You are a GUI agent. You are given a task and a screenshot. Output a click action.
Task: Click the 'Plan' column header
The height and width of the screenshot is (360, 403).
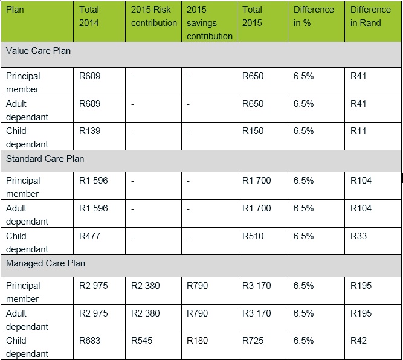point(16,10)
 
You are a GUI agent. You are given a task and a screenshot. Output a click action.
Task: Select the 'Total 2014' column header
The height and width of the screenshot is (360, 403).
point(89,16)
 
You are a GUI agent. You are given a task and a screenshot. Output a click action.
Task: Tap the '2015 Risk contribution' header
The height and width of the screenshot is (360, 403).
point(153,16)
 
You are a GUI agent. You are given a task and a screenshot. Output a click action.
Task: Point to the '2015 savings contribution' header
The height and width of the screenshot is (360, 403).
point(209,23)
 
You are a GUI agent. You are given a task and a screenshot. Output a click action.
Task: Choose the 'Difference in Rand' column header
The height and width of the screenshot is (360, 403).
point(370,16)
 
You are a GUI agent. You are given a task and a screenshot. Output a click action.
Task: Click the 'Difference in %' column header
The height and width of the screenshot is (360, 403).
point(314,16)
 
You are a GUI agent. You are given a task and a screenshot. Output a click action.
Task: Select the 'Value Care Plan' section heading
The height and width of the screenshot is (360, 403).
point(38,51)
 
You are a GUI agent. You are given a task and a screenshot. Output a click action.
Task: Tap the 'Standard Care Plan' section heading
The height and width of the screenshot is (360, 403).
point(45,159)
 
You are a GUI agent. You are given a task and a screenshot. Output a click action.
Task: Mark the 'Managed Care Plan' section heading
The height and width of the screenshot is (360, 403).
point(45,263)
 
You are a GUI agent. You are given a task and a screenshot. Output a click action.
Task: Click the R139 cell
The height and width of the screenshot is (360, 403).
point(90,131)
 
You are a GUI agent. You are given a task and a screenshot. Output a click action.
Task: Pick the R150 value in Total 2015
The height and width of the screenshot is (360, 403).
point(253,131)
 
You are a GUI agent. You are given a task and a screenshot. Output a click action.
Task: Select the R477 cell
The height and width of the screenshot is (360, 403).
point(90,236)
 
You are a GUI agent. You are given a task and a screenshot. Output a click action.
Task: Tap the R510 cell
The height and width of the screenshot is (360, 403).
point(253,236)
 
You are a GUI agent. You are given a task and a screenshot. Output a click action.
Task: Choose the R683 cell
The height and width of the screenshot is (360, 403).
point(90,341)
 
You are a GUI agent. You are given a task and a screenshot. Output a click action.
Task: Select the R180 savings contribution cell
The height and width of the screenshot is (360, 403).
point(198,341)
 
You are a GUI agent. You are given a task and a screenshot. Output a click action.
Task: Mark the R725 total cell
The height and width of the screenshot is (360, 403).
point(253,341)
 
